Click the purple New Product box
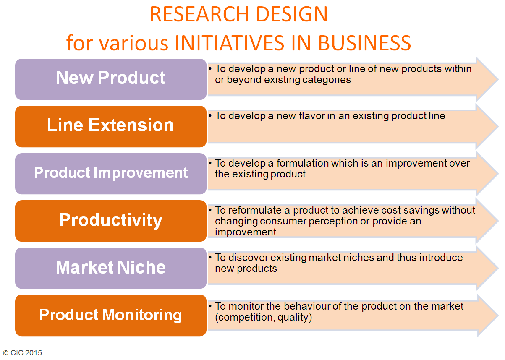pyautogui.click(x=111, y=79)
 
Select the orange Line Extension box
pyautogui.click(x=111, y=126)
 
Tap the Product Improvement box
pyautogui.click(x=111, y=174)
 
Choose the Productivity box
pyautogui.click(x=111, y=221)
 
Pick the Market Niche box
pyautogui.click(x=111, y=268)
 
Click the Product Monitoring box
pyautogui.click(x=111, y=315)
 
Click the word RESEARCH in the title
pyautogui.click(x=199, y=14)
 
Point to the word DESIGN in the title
pyautogui.click(x=292, y=14)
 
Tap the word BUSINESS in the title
pyautogui.click(x=364, y=43)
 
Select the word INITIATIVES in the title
pyautogui.click(x=230, y=43)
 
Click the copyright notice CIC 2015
pyautogui.click(x=23, y=352)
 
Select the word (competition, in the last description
pyautogui.click(x=245, y=318)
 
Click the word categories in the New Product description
pyautogui.click(x=327, y=80)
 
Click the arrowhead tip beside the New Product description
pyautogui.click(x=498, y=79)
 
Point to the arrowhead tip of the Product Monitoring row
pyautogui.click(x=498, y=316)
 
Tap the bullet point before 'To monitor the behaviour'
pyautogui.click(x=210, y=306)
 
